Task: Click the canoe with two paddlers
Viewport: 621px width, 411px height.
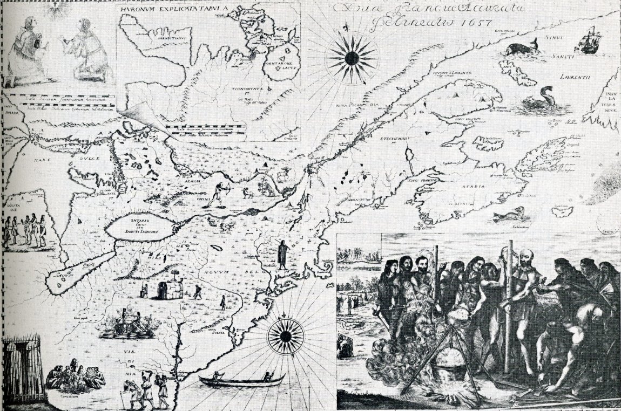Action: (241, 380)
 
